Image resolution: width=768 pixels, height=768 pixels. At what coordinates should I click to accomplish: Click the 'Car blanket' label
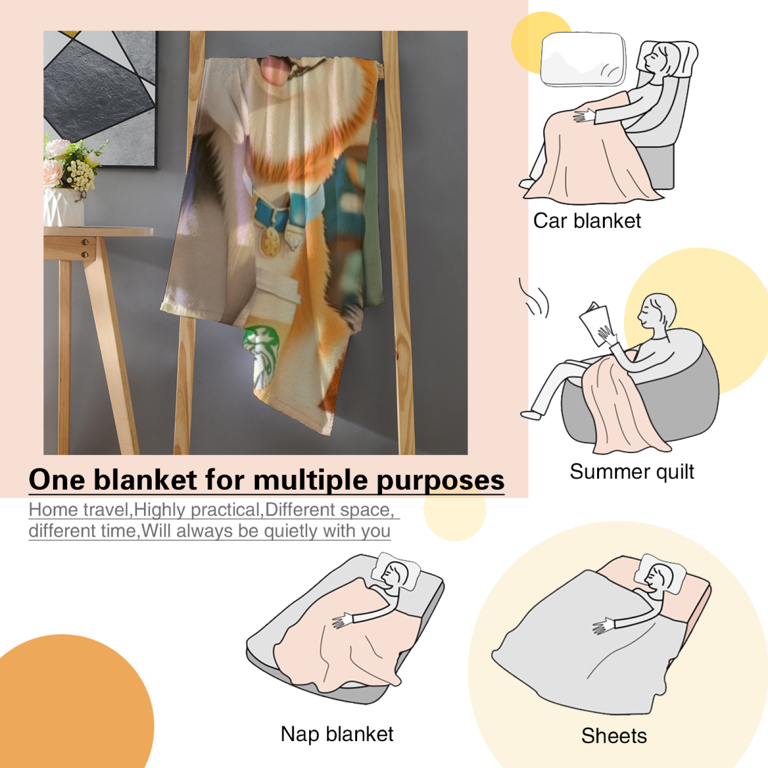coord(587,221)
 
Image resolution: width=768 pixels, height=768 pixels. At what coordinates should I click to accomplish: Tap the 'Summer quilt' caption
coord(632,472)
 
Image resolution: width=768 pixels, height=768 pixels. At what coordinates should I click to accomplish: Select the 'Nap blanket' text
coord(337,734)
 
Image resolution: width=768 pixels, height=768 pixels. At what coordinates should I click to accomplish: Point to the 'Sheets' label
coord(614,736)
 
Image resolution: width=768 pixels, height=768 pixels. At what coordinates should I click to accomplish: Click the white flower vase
coord(64,206)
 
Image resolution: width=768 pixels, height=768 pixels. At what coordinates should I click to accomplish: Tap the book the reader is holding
coord(594,323)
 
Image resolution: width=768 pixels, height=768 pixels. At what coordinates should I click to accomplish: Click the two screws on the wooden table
coord(85,248)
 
